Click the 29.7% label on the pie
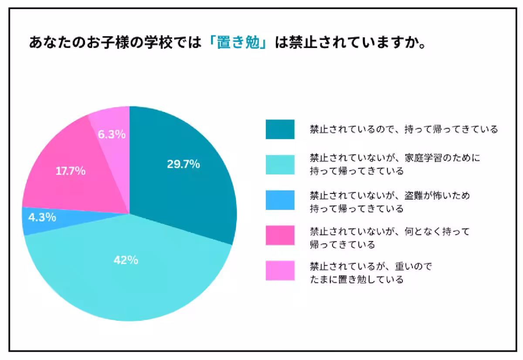(x=183, y=164)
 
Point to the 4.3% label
(x=42, y=217)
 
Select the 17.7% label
(x=70, y=171)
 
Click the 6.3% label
(x=112, y=134)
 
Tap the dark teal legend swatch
(x=280, y=129)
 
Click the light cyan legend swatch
(x=280, y=164)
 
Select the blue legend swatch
(x=280, y=200)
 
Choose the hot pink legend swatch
(x=280, y=236)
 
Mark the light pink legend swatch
(x=280, y=271)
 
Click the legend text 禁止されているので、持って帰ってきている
(x=404, y=129)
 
